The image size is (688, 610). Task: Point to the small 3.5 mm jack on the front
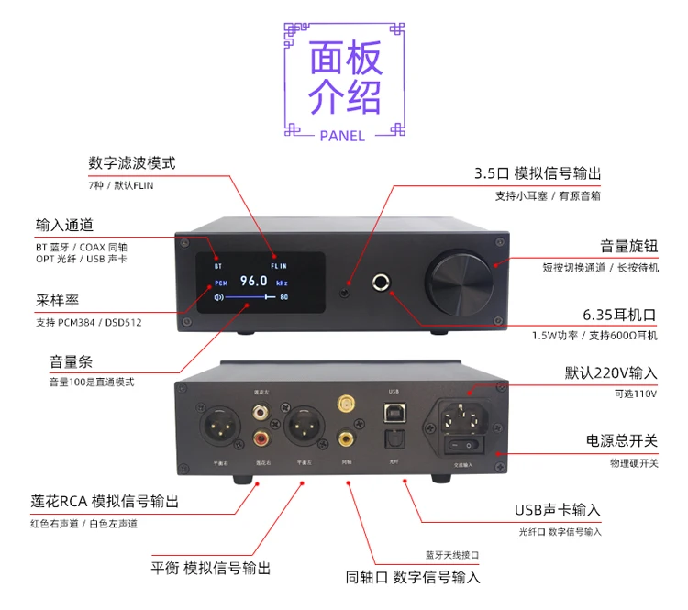pyautogui.click(x=346, y=294)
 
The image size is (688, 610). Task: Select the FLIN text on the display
pyautogui.click(x=279, y=266)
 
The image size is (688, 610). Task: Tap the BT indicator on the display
pyautogui.click(x=218, y=266)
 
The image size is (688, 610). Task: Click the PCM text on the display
pyautogui.click(x=220, y=283)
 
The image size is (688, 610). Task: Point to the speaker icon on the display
pyautogui.click(x=218, y=297)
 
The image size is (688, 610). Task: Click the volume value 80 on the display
pyautogui.click(x=284, y=297)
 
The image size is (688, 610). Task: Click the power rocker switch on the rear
pyautogui.click(x=462, y=445)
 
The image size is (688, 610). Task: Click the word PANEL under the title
pyautogui.click(x=343, y=136)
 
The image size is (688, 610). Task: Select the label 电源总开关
pyautogui.click(x=622, y=441)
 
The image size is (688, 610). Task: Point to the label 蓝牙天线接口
pyautogui.click(x=452, y=555)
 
